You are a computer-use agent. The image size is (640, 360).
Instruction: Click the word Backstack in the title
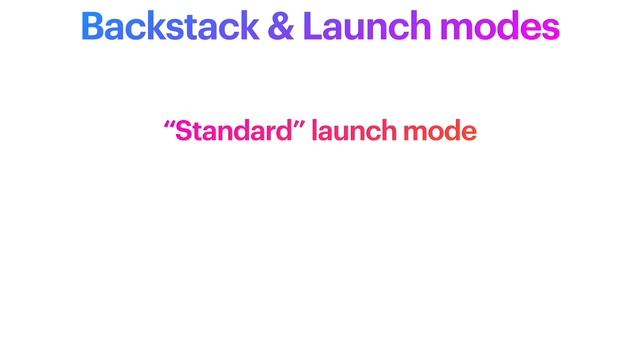pos(171,27)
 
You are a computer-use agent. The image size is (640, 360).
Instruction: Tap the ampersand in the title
pos(281,27)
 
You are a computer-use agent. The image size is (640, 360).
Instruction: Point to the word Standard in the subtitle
pos(233,131)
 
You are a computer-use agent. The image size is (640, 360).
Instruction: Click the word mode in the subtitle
pos(439,131)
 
